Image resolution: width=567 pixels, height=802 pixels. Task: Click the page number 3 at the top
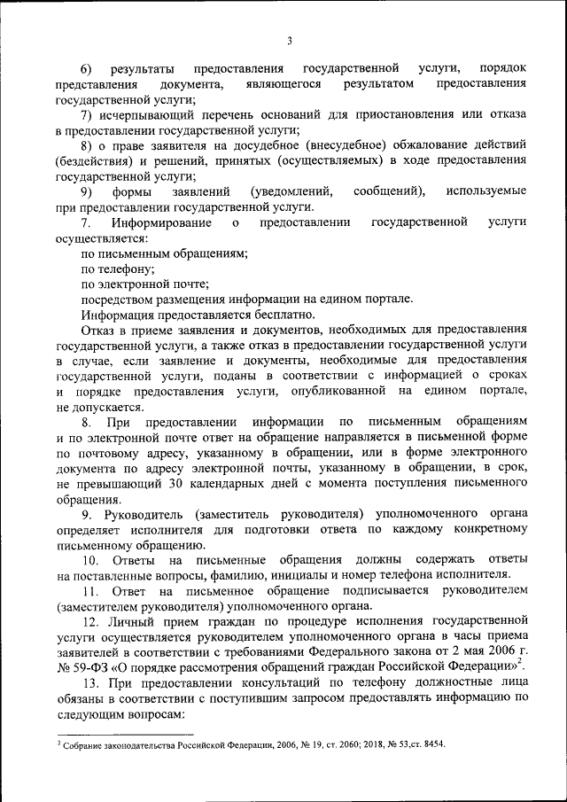point(289,39)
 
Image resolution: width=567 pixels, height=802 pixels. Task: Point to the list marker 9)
point(87,191)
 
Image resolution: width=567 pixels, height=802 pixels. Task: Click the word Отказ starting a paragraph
point(98,331)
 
